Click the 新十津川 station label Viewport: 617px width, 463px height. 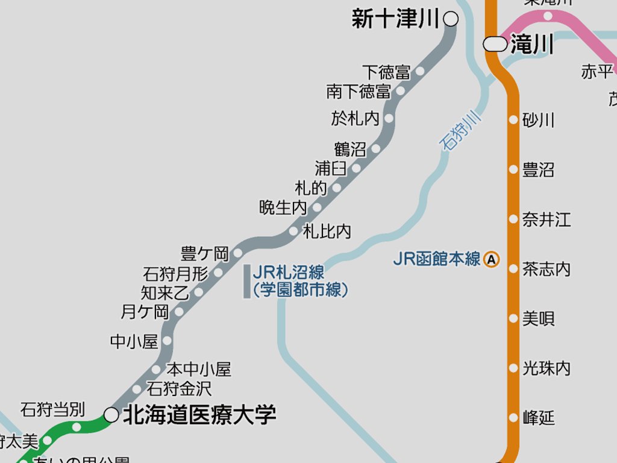click(396, 20)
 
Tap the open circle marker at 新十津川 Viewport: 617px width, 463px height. click(450, 19)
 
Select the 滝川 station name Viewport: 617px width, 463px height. click(532, 45)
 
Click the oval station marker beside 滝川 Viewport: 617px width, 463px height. click(495, 44)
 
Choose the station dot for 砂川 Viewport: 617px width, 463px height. click(513, 119)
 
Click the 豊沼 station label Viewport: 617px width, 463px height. click(538, 170)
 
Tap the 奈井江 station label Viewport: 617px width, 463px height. click(547, 219)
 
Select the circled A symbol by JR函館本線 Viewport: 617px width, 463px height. click(492, 260)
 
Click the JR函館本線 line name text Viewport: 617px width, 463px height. click(437, 259)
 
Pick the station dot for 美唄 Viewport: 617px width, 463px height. click(513, 318)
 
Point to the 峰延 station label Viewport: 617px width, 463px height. click(538, 417)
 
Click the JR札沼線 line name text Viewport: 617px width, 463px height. click(289, 272)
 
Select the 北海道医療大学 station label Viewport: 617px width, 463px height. click(199, 415)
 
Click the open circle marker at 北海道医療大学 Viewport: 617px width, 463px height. click(111, 414)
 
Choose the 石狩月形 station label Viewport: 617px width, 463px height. click(175, 274)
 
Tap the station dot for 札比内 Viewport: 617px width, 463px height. click(293, 231)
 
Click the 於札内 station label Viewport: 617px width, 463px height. click(355, 118)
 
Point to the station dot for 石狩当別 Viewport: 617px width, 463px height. click(77, 427)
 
